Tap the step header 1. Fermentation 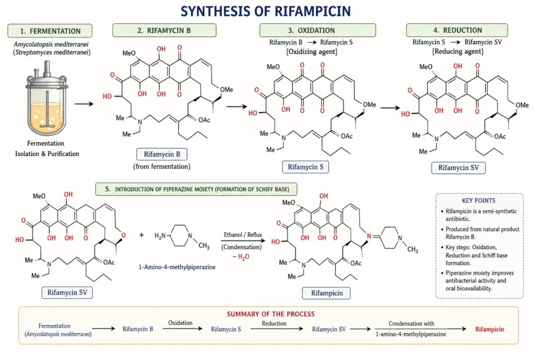51,31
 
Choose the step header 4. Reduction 457,30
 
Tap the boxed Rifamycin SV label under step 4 458,168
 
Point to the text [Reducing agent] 457,52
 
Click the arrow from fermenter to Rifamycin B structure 83,104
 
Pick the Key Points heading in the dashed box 479,201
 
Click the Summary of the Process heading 270,314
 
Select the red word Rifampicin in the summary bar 489,329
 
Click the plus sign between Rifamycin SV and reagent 141,235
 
